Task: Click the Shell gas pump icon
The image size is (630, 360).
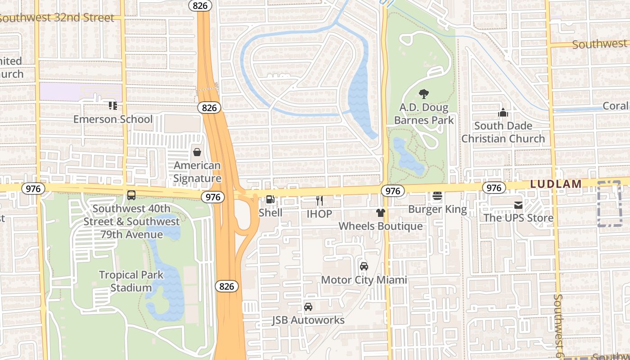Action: point(270,199)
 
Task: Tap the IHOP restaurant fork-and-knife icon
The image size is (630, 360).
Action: point(319,200)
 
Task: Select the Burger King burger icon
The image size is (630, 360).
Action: point(437,196)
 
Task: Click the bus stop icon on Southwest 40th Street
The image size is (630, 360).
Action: point(131,195)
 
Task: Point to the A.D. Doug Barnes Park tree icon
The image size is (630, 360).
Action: point(423,94)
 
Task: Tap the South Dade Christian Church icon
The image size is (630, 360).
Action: point(503,112)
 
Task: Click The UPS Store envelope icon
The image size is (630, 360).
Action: point(518,205)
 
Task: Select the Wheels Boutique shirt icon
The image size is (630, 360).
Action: point(381,213)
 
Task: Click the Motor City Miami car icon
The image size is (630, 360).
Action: point(364,266)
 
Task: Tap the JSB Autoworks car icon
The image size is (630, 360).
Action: point(308,307)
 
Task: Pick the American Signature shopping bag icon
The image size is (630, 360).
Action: point(197,152)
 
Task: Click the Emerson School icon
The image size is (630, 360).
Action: point(112,106)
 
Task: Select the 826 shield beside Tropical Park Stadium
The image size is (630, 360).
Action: point(226,286)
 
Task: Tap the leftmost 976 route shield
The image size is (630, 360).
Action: point(33,189)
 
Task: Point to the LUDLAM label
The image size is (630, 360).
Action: point(556,184)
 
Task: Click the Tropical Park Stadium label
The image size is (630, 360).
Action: point(131,281)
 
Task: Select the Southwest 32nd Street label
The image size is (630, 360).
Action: point(58,18)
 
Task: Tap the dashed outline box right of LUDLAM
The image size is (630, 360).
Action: point(609,204)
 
